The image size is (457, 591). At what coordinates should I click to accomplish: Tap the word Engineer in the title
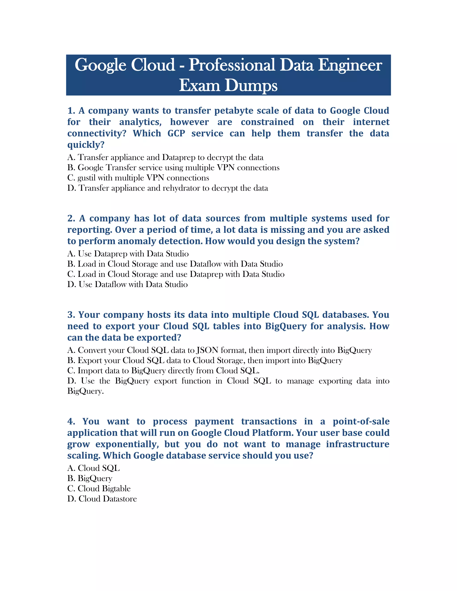pos(350,65)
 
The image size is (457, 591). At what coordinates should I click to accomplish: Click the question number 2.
pos(71,218)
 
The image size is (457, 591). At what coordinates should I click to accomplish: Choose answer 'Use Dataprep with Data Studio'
pos(128,254)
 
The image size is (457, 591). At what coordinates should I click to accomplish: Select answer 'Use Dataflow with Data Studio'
pos(127,284)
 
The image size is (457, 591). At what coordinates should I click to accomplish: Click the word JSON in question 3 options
pos(207,350)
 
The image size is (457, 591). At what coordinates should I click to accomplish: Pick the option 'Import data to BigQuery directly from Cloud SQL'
pos(163,371)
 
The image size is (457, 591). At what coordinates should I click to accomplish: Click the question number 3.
pos(71,315)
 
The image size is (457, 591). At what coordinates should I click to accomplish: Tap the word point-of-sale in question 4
pos(361,421)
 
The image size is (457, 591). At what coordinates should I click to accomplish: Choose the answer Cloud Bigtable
pos(99,488)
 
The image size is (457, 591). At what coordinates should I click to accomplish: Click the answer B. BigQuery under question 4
pos(90,478)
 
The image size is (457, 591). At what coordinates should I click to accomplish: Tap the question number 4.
pos(71,421)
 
